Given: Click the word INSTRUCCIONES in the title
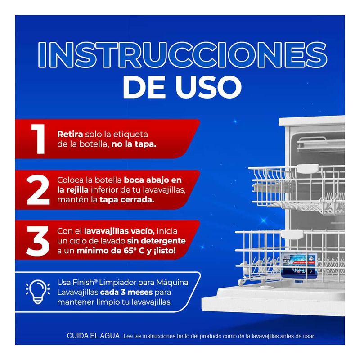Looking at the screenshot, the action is coord(183,55).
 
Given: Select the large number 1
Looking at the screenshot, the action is coord(38,139).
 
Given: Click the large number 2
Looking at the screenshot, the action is coord(38,189).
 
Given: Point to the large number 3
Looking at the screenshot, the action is coord(38,241).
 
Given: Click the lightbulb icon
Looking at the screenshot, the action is coord(38,292).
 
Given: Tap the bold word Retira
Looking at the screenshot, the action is coord(70,134).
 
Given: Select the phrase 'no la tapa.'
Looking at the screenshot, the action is coord(134,144).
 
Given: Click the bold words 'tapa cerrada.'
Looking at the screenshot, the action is coord(127,200).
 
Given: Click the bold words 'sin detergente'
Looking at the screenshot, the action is coord(156,241).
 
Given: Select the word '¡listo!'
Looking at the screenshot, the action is coord(164,251).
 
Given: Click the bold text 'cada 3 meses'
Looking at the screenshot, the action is coord(126,292).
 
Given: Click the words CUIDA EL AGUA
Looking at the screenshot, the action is coord(94,336).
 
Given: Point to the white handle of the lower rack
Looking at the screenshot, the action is coord(292,234).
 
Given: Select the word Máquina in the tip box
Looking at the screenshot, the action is coord(172,282).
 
